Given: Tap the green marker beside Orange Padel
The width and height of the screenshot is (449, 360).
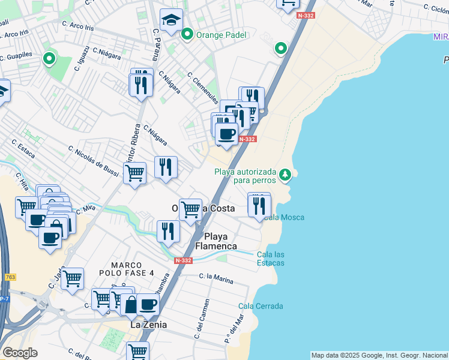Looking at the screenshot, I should pos(188,35).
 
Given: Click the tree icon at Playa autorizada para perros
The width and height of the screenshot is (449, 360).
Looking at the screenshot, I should pos(286,175).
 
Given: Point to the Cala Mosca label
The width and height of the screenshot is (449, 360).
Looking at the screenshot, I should pos(283,217).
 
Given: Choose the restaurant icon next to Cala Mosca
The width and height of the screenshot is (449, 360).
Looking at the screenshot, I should pos(259,205).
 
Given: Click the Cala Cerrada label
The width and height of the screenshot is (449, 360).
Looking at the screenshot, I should pos(261,306).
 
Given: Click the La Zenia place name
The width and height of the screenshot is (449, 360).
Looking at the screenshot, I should pos(148,325).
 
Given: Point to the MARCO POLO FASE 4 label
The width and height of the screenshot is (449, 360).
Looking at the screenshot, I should pos(133,269).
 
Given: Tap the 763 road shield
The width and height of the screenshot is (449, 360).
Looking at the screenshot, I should pos(10,277).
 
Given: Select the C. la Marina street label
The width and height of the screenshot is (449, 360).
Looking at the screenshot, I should pos(216,278).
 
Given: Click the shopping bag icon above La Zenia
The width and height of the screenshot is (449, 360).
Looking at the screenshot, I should pos(130,304).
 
